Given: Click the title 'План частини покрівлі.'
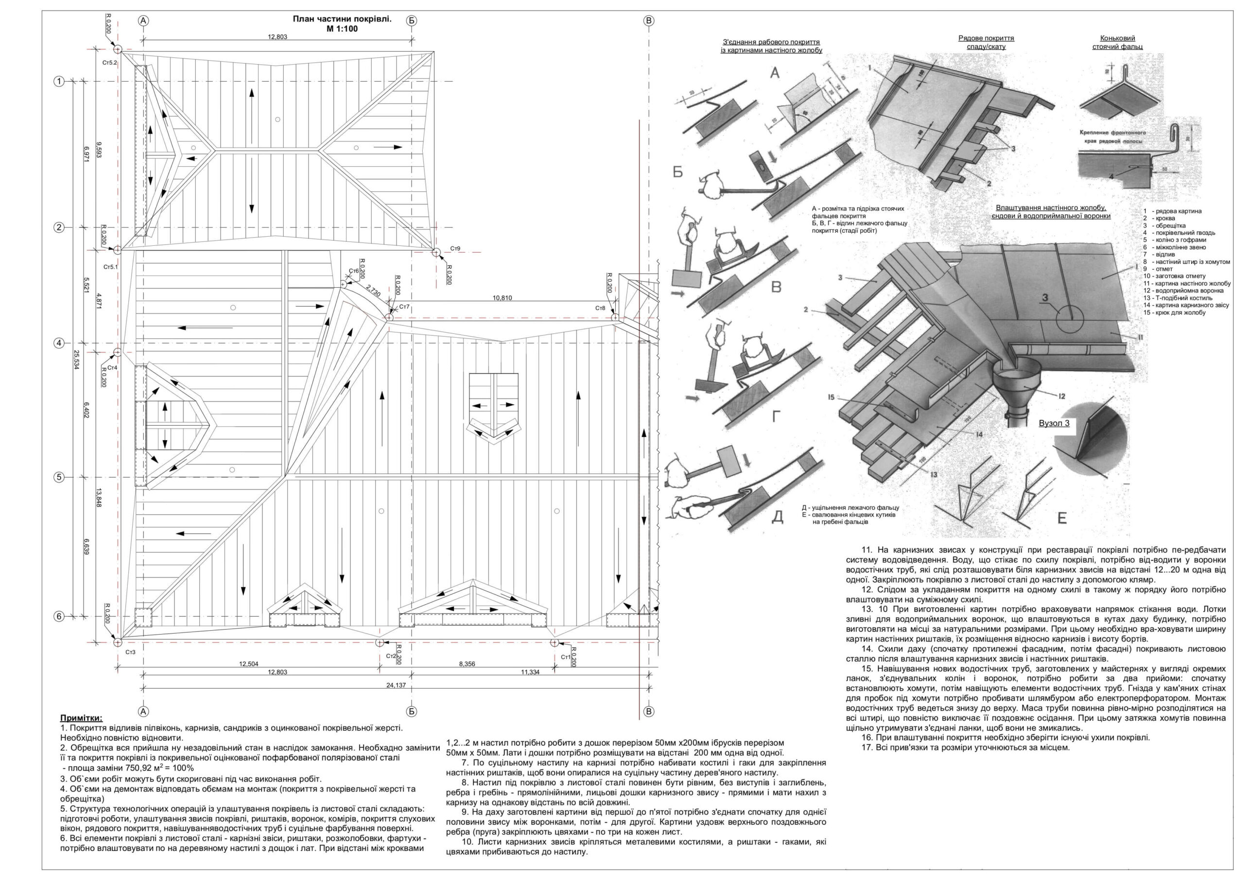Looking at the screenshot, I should (x=342, y=19).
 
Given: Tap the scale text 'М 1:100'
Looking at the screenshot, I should (x=342, y=29).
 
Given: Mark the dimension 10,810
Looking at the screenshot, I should (x=502, y=297).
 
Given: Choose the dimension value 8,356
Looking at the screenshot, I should (x=466, y=664).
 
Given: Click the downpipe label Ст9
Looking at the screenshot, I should (x=455, y=248).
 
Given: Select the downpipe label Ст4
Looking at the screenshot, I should (x=112, y=367).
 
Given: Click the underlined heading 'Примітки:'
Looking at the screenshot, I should (x=81, y=718).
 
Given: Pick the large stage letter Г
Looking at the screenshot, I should (x=777, y=416).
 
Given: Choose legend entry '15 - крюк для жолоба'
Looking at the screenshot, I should (x=1174, y=312).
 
